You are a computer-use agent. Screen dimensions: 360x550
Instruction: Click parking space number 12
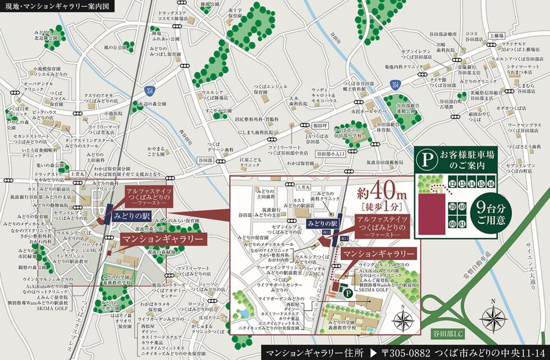pyautogui.click(x=453, y=183)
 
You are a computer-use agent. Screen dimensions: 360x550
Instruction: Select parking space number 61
pyautogui.click(x=462, y=224)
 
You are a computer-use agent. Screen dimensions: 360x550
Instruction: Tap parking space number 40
pyautogui.click(x=462, y=207)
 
